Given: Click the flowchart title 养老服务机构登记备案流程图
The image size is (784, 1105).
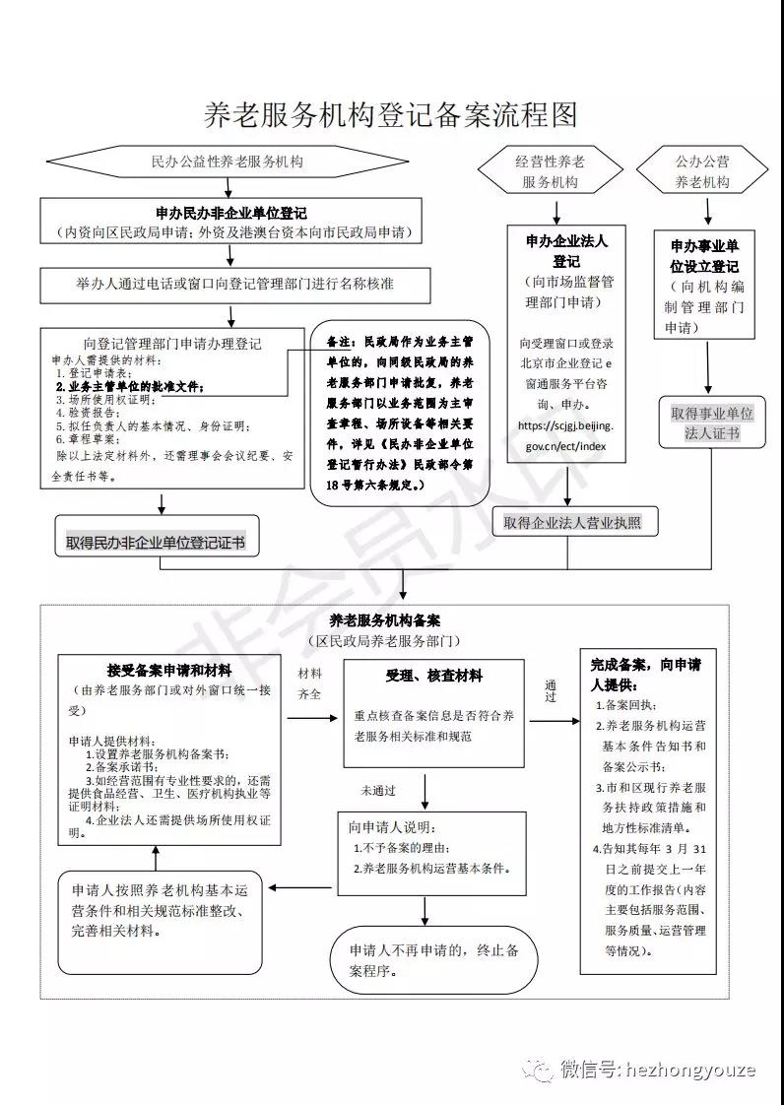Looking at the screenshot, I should pos(390,115).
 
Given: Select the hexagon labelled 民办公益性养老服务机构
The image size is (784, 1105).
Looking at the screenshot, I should pos(228,161).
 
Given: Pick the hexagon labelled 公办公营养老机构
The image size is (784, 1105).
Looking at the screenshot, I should pos(702,171).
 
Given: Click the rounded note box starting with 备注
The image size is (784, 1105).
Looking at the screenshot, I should pos(400,411).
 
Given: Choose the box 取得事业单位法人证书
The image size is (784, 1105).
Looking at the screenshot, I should pos(711,423).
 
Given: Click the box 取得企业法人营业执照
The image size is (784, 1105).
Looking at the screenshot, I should pos(571,522).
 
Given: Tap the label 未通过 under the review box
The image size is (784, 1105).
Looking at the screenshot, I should pos(377,789).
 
